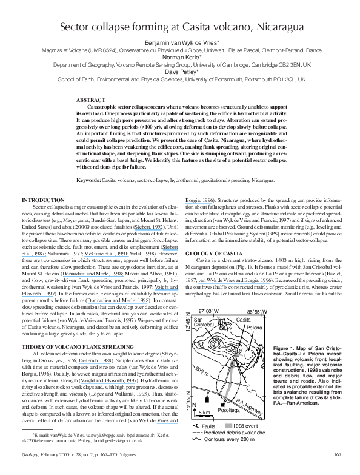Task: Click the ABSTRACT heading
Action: click(x=92, y=99)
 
